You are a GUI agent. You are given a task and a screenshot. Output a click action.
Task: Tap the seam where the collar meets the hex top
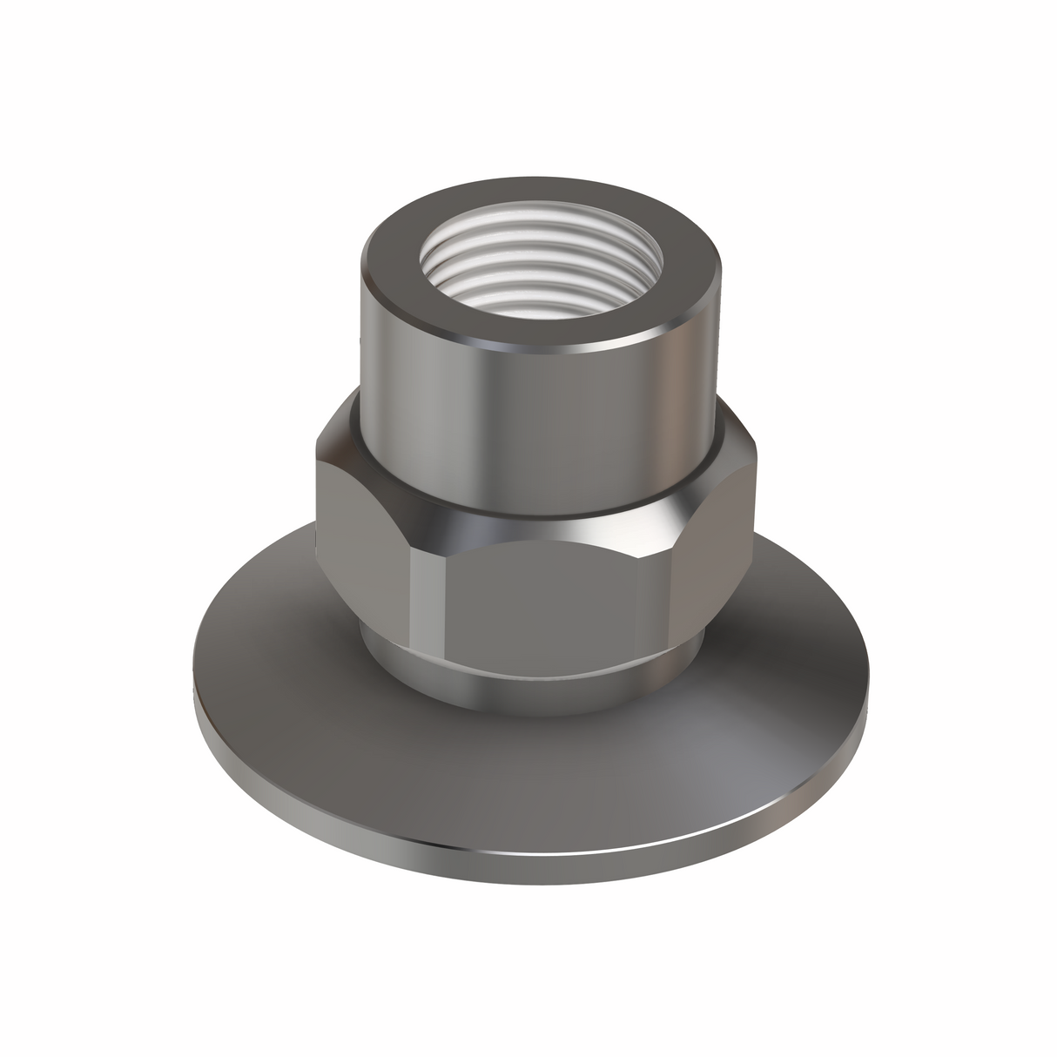pyautogui.click(x=540, y=507)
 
